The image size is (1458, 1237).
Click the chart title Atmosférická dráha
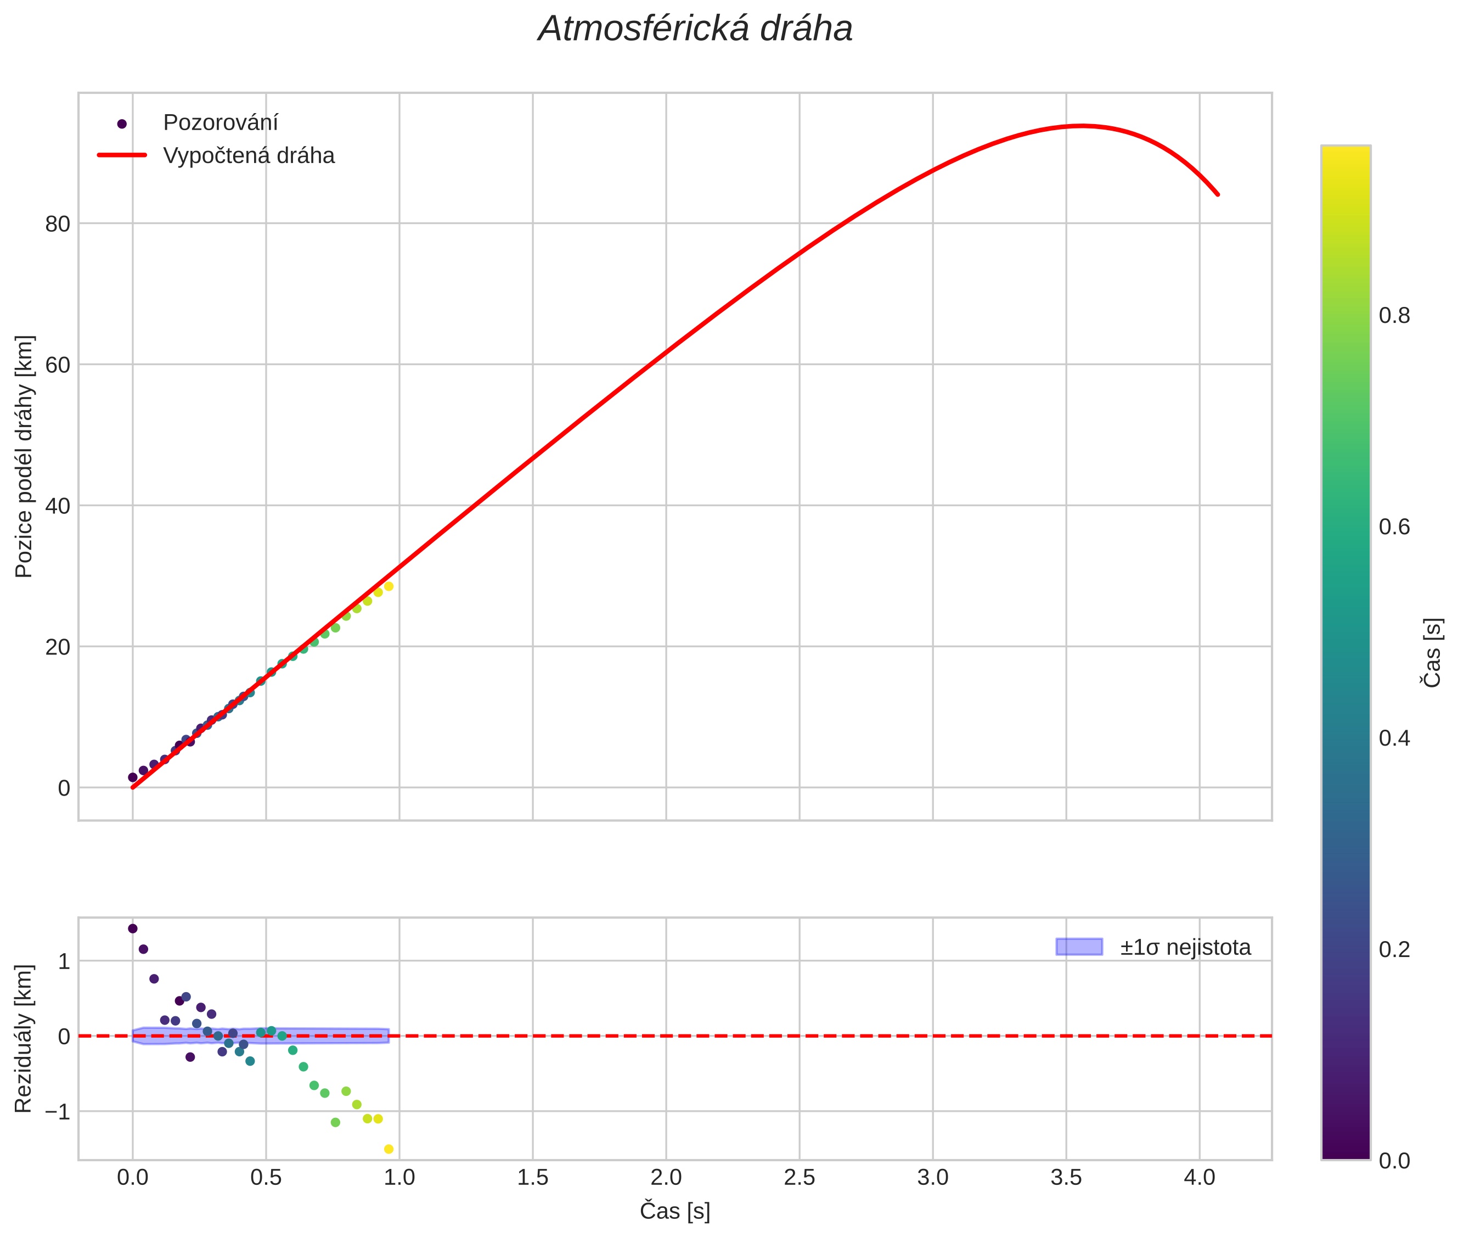[695, 30]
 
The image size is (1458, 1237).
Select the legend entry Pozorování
[220, 123]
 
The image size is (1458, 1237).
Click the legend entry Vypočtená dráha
[249, 156]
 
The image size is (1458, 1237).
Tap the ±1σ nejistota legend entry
[1185, 948]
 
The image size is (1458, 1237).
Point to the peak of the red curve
[1082, 126]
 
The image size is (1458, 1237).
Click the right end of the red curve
[1218, 194]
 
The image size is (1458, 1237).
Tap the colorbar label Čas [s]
[1433, 652]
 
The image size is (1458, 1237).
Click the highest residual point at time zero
[132, 928]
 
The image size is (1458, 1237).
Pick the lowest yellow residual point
[389, 1149]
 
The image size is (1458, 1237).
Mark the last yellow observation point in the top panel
[389, 586]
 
